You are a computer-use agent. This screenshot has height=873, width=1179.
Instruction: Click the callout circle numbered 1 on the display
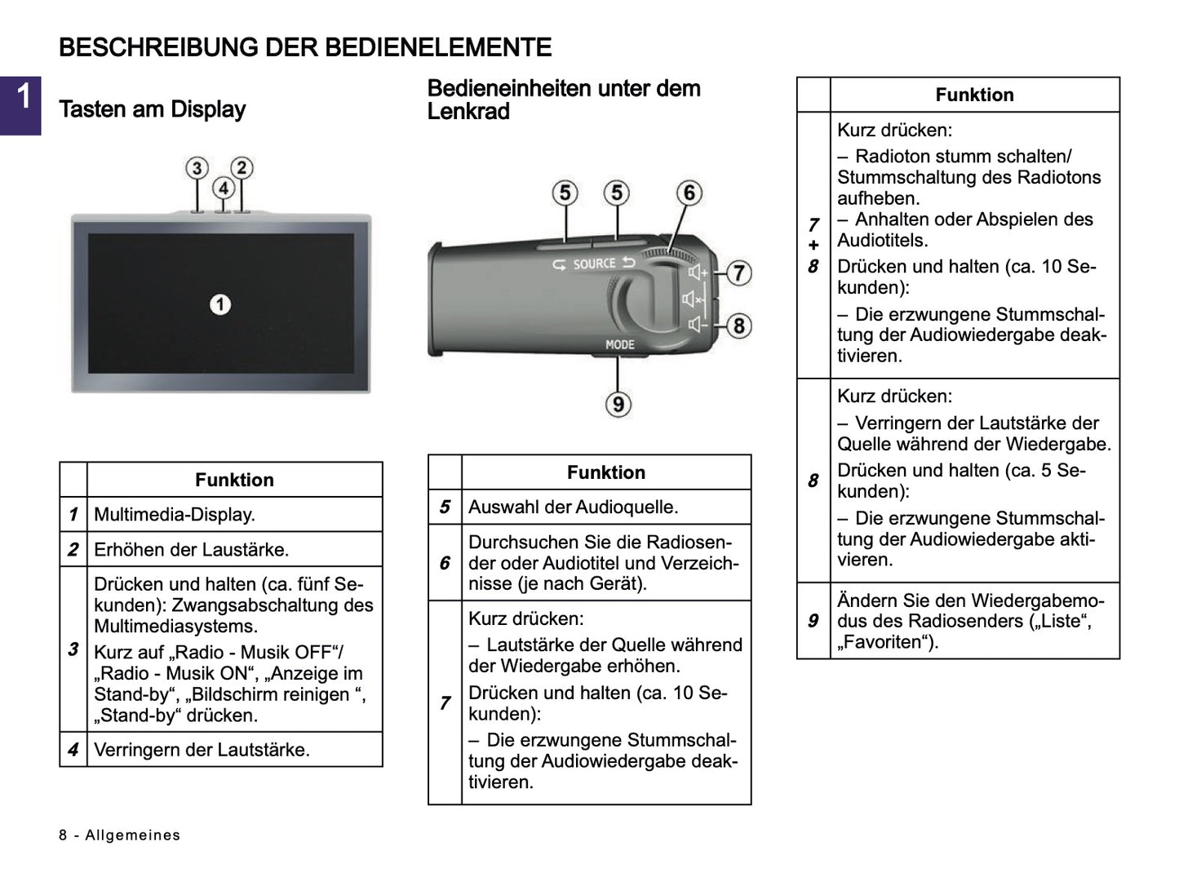coord(220,304)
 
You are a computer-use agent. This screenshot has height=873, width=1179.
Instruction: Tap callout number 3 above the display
coord(197,168)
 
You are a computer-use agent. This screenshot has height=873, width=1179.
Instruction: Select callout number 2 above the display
coord(242,168)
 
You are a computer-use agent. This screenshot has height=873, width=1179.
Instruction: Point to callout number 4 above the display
coord(224,188)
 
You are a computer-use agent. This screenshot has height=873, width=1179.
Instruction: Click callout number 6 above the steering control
coord(689,193)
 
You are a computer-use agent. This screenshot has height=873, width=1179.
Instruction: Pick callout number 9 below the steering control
coord(618,403)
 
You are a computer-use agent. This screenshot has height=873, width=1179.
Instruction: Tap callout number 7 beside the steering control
coord(738,273)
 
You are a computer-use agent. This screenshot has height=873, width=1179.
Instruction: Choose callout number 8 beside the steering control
coord(738,326)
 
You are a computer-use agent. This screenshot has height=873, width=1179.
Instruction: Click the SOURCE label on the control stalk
coord(594,264)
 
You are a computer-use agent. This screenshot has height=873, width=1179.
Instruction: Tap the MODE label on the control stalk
coord(620,344)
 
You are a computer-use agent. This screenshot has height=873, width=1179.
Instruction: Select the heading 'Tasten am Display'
coord(153,109)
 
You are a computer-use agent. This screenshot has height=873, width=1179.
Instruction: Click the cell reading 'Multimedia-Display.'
coord(175,515)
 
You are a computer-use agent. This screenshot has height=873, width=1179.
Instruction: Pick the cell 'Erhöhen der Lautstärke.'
coord(192,550)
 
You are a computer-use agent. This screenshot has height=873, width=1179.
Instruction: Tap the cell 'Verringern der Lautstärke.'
coord(202,750)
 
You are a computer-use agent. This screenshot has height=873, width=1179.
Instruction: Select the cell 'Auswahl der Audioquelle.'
coord(574,507)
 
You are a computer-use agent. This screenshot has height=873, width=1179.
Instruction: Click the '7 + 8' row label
coord(813,245)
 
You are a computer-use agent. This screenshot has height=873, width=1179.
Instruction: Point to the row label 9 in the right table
coord(813,621)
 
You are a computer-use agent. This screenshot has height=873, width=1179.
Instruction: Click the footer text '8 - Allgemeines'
coord(120,835)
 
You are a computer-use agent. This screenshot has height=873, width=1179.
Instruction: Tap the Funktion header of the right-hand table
coord(974,95)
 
